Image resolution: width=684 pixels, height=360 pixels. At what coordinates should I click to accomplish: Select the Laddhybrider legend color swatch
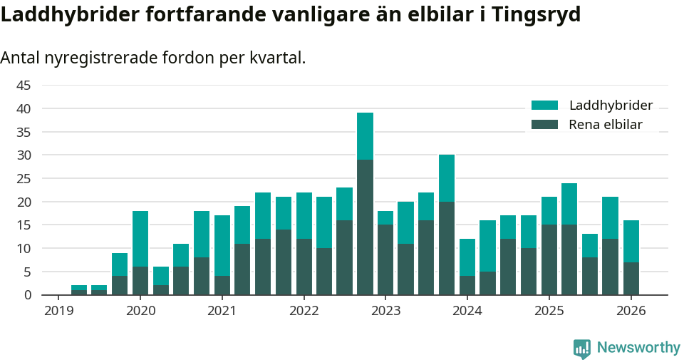(x=545, y=106)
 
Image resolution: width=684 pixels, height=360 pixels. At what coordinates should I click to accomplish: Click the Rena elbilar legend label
(x=606, y=125)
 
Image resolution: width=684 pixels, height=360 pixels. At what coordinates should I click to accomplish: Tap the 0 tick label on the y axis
(x=28, y=295)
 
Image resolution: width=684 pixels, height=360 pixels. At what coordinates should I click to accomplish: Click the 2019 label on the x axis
(x=58, y=311)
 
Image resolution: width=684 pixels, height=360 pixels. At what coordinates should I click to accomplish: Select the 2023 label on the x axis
(x=385, y=311)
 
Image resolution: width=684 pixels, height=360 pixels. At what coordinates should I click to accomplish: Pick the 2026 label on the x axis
(x=631, y=311)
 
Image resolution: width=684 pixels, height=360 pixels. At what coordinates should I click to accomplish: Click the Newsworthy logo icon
(x=581, y=348)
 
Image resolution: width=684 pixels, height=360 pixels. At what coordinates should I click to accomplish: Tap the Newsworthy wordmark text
(x=638, y=348)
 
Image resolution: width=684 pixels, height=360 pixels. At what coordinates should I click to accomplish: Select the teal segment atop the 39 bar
(x=365, y=136)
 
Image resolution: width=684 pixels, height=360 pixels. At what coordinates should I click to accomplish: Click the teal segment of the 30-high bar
(x=447, y=178)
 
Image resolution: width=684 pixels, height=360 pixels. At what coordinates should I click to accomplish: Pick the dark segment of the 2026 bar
(x=631, y=278)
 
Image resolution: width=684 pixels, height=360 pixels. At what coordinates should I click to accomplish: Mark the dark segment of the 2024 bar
(x=467, y=285)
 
